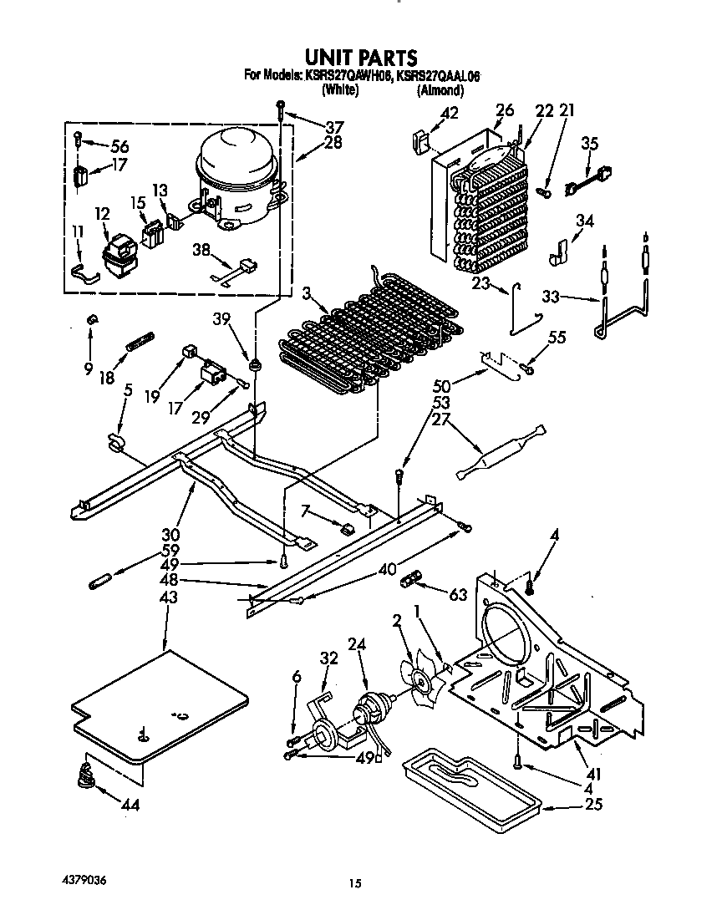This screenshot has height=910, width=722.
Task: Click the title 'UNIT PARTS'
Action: tap(360, 57)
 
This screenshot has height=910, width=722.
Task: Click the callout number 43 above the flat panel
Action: tap(168, 598)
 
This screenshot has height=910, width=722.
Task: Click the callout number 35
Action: tap(589, 144)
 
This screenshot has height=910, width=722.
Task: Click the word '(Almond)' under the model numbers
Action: tap(440, 91)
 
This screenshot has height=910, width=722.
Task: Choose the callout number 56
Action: tap(119, 147)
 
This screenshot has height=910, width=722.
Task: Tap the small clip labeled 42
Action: tap(419, 140)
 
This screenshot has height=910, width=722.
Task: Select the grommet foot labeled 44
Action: tap(85, 776)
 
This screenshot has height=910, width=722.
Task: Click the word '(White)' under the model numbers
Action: tap(339, 91)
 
